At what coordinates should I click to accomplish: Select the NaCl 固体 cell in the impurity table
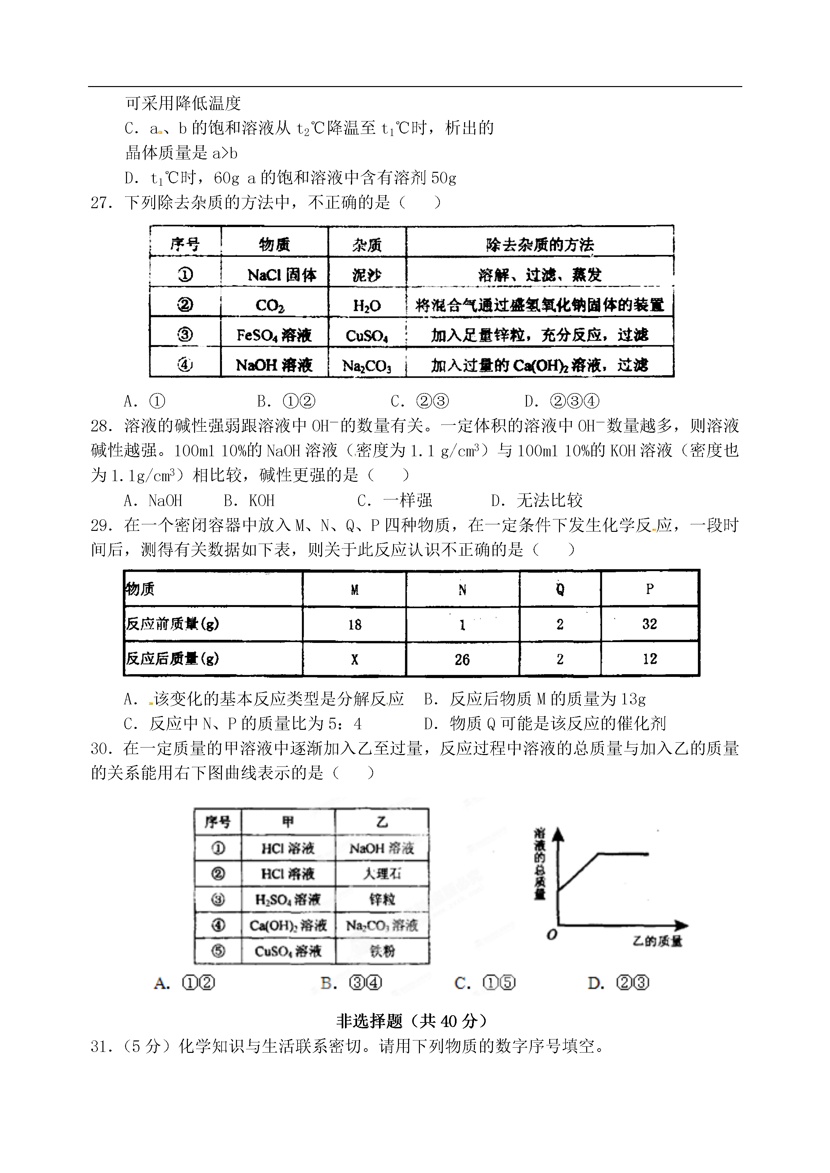[x=281, y=275]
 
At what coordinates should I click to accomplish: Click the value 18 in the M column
[x=355, y=624]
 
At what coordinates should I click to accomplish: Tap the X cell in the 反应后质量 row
[x=355, y=659]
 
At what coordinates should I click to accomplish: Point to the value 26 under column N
[x=462, y=659]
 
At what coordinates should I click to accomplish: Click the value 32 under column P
[x=650, y=624]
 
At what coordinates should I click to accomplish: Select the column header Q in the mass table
[x=560, y=589]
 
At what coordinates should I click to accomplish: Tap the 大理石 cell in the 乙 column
[x=382, y=874]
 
